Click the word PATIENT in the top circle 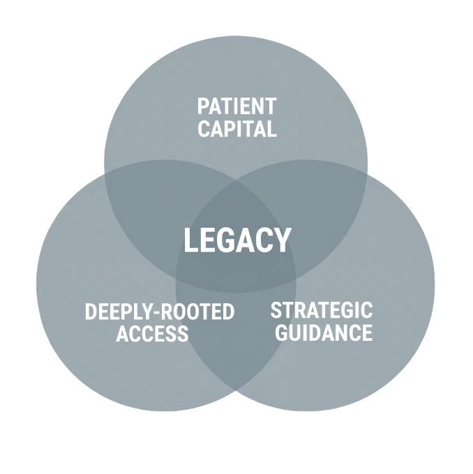[x=236, y=107]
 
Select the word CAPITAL [x=236, y=129]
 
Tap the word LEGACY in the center [x=236, y=241]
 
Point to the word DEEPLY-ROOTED [x=159, y=312]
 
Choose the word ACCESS [x=152, y=334]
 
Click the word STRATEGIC [x=321, y=310]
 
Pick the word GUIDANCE [x=324, y=332]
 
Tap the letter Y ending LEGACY [x=282, y=241]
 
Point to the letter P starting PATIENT [x=203, y=107]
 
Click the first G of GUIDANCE [x=282, y=332]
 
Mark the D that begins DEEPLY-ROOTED [x=91, y=312]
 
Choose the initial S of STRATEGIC [x=276, y=310]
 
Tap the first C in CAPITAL [x=204, y=129]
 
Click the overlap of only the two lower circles [x=236, y=335]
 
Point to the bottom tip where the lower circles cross [x=236, y=390]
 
